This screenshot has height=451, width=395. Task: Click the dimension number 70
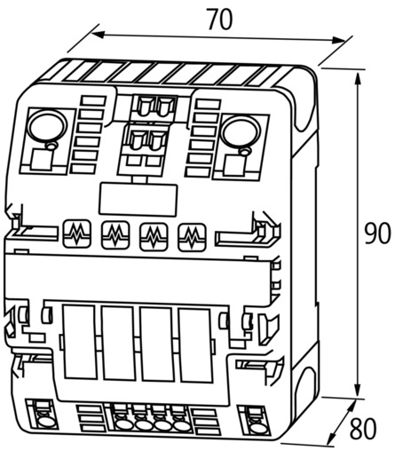coord(220,20)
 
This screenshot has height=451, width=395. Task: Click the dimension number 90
coord(377,233)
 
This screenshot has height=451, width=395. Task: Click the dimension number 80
coord(363,428)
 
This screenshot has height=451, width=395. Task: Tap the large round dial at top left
coord(47,126)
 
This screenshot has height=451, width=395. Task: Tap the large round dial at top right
coord(241,131)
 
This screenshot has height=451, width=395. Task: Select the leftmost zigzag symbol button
coord(77,233)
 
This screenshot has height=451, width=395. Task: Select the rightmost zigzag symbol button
coord(192,237)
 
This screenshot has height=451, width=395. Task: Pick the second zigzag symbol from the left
coord(115,234)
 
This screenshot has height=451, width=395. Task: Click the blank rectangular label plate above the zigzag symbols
coord(138,199)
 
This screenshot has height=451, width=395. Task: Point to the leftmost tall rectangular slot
coord(79,342)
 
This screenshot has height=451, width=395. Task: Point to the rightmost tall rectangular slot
coord(195,345)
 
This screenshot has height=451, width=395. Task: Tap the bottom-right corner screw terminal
coord(255,422)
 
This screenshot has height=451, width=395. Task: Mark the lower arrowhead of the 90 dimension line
coord(358,388)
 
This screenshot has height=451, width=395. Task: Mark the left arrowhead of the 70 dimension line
coord(98,35)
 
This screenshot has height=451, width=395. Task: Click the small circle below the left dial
coord(51,146)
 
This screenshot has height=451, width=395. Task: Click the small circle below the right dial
coord(245,152)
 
